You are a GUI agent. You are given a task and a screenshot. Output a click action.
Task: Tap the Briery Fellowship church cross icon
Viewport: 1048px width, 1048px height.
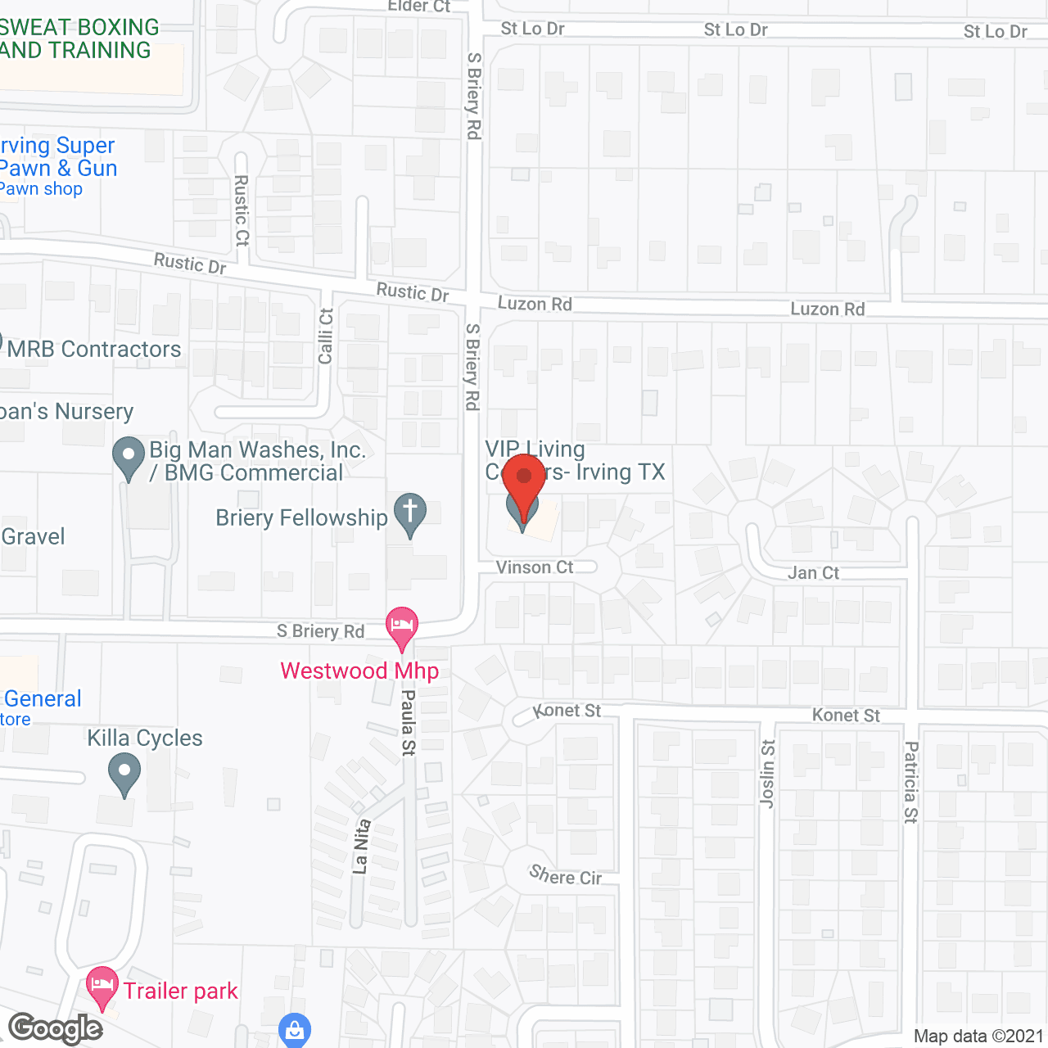410,513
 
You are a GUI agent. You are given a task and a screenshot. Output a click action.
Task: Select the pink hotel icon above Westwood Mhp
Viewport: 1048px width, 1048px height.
401,627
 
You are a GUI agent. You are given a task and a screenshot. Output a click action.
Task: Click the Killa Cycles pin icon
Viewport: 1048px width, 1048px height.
124,773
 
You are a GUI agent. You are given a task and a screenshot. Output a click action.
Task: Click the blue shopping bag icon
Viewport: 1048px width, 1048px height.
294,1030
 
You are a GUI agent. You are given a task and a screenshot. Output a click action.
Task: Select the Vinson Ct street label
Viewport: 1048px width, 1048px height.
535,567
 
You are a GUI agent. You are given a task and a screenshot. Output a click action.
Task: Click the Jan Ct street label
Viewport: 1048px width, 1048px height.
813,572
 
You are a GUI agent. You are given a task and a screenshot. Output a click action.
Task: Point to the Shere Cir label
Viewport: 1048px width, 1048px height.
566,876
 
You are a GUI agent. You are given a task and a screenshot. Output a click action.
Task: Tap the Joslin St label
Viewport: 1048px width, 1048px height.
767,774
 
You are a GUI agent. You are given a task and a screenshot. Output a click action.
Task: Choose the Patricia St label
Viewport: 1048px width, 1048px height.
911,782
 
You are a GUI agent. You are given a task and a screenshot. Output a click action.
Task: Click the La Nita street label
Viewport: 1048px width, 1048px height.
361,847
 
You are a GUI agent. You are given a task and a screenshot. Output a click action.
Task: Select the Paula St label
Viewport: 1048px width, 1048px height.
408,722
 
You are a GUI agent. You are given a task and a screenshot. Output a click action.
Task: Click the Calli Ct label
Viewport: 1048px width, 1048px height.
326,337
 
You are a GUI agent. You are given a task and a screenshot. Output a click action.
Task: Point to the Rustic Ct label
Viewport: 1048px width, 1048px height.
242,210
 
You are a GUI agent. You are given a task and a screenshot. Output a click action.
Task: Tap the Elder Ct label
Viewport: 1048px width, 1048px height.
419,7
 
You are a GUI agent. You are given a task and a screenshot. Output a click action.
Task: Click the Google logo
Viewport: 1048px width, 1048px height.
56,1028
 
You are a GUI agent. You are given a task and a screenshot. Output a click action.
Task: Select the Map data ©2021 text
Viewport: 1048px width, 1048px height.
978,1036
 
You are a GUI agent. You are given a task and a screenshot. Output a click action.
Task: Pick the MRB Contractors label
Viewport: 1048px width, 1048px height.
94,350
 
